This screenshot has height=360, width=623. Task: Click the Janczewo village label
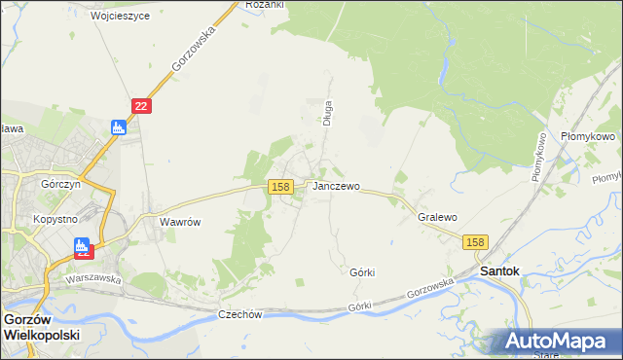[x=336, y=186]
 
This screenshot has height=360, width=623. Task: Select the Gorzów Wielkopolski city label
[x=40, y=326]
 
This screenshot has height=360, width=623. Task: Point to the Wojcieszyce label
[x=120, y=17]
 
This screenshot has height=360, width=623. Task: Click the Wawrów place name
[x=179, y=222]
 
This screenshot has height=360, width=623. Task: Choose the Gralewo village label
[x=437, y=218]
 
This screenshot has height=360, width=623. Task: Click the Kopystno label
[x=55, y=219]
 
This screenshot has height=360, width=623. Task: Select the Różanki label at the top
[x=265, y=5]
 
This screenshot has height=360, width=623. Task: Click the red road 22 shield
[x=141, y=106]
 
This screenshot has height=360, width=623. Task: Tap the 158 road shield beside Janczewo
[x=281, y=186]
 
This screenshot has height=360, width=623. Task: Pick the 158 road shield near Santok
[x=475, y=242]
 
